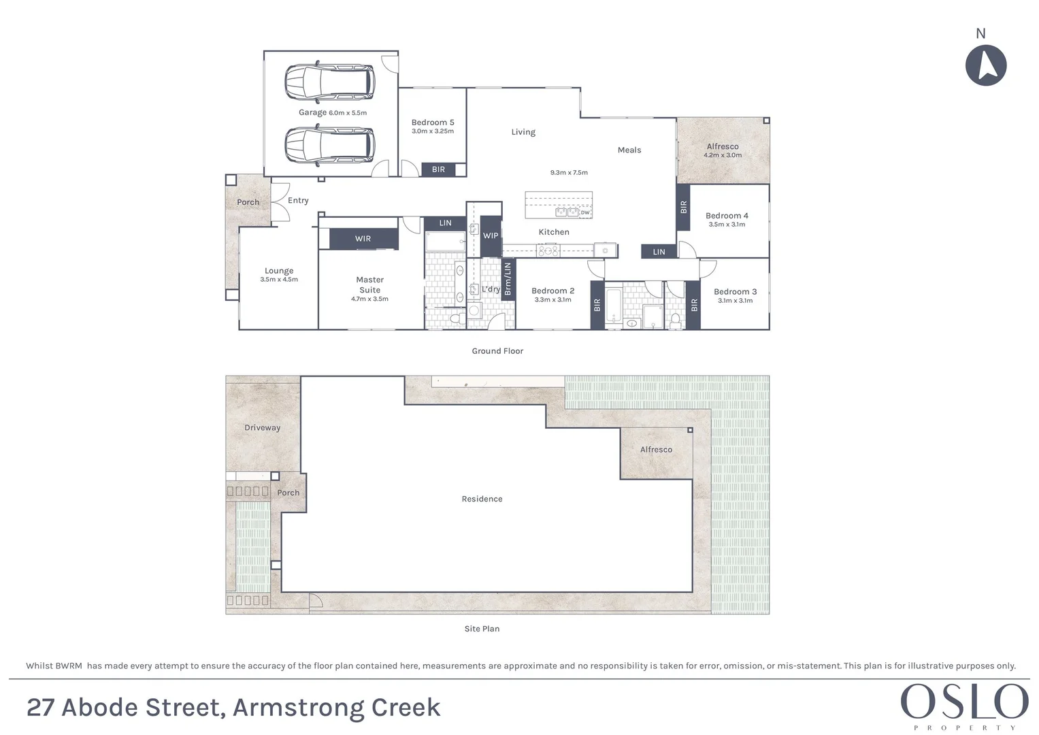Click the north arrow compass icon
point(986,65)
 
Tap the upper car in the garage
point(329,82)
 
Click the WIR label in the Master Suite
point(363,239)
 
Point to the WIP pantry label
point(491,236)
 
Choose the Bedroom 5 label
point(433,122)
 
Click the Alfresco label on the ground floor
point(723,146)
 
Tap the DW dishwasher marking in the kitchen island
point(585,212)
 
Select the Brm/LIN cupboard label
point(508,279)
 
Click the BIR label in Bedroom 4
point(684,207)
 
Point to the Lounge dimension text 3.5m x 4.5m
point(279,280)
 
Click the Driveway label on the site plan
point(262,428)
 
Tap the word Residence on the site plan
point(482,499)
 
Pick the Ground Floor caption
point(497,351)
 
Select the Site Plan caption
point(482,629)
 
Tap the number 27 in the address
point(40,708)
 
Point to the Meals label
point(629,150)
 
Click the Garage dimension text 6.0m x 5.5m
point(348,113)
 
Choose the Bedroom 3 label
point(735,291)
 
